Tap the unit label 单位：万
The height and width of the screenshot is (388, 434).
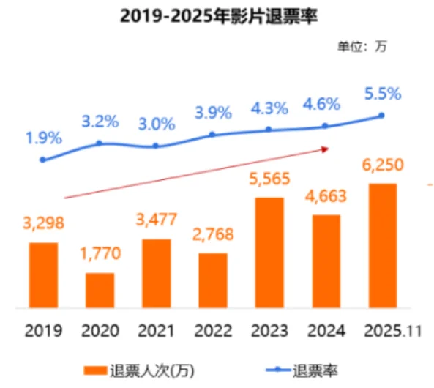click(361, 46)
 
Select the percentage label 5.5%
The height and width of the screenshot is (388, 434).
click(383, 94)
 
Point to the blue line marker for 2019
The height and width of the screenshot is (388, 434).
click(43, 159)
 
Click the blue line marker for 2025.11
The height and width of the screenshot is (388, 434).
click(381, 115)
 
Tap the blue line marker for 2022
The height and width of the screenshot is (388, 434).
click(212, 135)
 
